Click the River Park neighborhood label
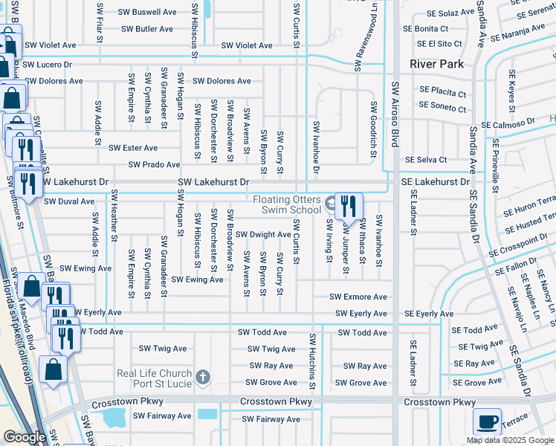point(436,64)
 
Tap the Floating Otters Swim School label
point(286,204)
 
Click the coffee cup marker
point(488,422)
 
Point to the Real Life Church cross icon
point(203,378)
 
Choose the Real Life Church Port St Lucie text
point(154,378)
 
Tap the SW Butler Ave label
point(145,29)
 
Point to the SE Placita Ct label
point(442,94)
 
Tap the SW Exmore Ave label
point(358,297)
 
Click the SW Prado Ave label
point(154,164)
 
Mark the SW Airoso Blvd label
point(396,111)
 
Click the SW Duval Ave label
point(69,201)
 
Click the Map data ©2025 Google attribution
point(510,440)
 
